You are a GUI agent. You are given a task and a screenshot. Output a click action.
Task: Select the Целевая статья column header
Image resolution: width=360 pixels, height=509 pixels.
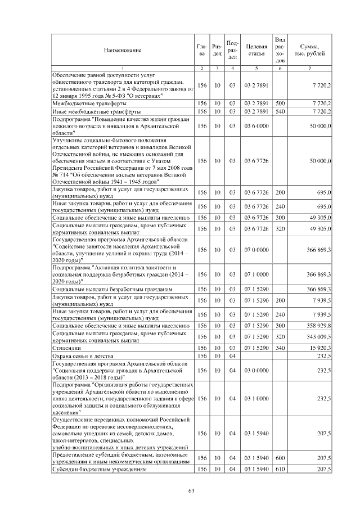pos(256,50)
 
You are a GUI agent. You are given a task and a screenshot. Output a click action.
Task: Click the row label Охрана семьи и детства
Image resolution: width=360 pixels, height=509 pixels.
pos(83,357)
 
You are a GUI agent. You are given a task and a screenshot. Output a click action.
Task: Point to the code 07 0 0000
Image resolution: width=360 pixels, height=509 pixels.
pos(256,249)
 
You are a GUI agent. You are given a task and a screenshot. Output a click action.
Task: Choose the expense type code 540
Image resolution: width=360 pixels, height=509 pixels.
pos(280,112)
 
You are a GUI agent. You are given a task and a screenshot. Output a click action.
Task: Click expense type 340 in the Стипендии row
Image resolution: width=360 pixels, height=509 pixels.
pos(280,349)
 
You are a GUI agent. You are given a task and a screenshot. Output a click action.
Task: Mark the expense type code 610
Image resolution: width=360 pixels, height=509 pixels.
pos(280,469)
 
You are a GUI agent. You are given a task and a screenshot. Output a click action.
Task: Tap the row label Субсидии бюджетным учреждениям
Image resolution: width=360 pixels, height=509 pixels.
pos(100,469)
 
